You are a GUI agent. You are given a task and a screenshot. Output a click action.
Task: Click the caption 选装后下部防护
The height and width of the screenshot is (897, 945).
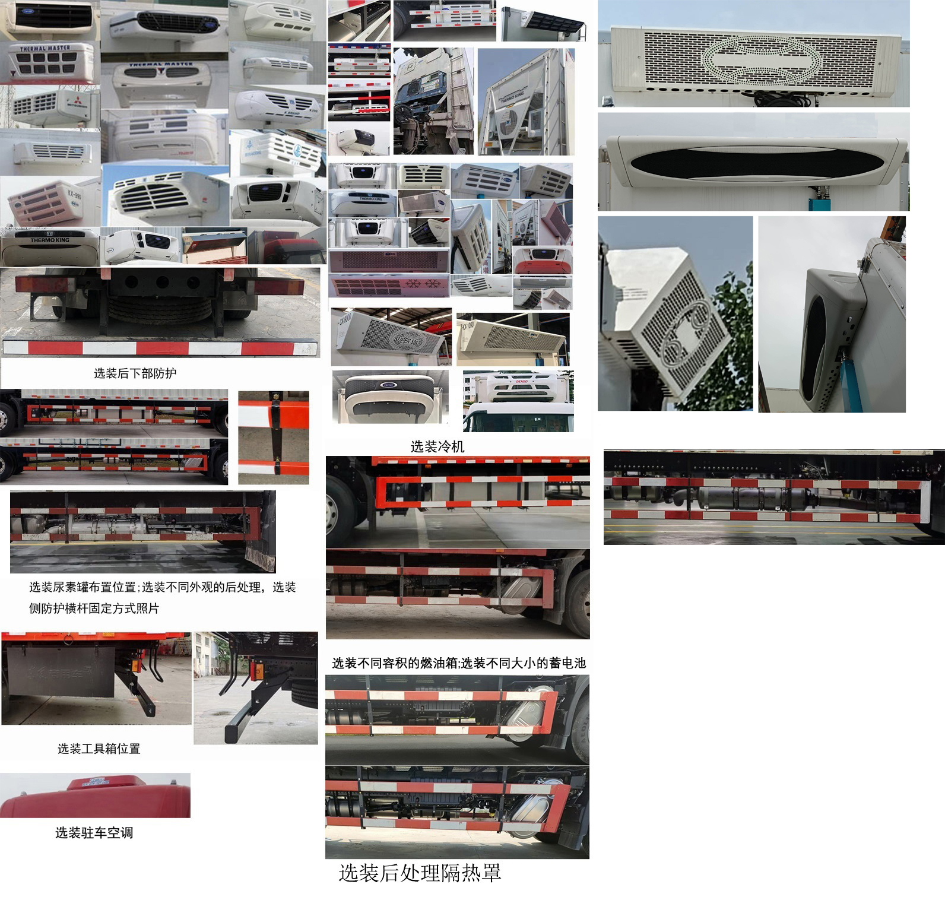(135, 373)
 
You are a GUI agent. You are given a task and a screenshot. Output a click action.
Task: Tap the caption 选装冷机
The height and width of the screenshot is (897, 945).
(437, 447)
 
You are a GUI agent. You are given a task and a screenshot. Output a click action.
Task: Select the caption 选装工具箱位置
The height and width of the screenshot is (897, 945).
(99, 749)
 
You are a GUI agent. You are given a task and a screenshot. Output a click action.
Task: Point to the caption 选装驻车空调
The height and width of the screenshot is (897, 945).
(94, 833)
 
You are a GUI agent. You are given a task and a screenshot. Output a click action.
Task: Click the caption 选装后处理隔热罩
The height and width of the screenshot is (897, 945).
(420, 873)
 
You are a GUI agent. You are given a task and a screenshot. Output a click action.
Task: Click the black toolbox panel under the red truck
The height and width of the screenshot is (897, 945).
(61, 671)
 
